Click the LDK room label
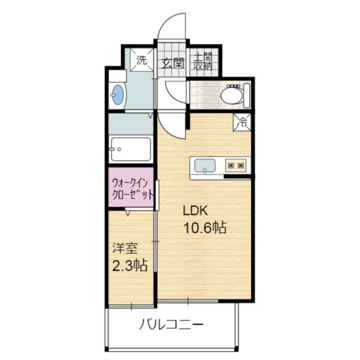[x=195, y=211]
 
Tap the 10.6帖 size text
[x=205, y=228]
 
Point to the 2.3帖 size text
[x=130, y=265]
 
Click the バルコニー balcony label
[x=172, y=325]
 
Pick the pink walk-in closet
[x=131, y=188]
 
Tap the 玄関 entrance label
[x=172, y=61]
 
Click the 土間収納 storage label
[x=202, y=61]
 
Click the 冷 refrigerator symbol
[x=242, y=122]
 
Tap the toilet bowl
[x=231, y=95]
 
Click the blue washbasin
[x=118, y=95]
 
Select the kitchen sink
[x=205, y=165]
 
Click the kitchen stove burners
[x=236, y=164]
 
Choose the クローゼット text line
[x=131, y=194]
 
